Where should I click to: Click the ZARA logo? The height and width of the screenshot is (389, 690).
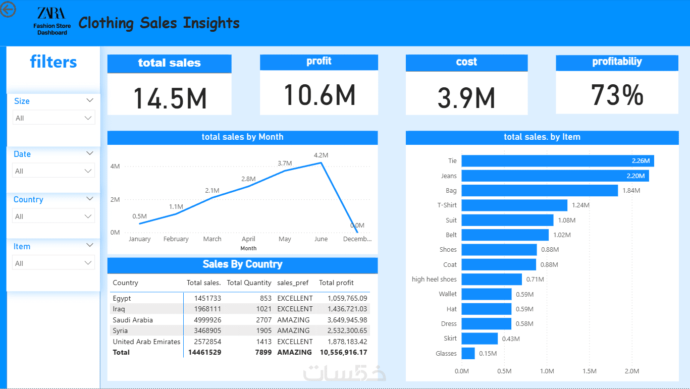coord(51,14)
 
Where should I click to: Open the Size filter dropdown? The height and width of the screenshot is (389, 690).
coord(54,118)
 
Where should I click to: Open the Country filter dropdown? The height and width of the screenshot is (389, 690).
coord(54,216)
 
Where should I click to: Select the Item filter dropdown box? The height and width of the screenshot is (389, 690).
coord(54,263)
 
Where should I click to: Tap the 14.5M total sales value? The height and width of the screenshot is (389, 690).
coord(170,98)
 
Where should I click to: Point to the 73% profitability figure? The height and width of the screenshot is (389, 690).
coord(617,94)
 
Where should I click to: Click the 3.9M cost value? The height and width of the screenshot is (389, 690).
coord(466,98)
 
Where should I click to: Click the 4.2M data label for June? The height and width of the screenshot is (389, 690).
coord(321,155)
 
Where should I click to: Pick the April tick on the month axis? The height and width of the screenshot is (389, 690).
coord(248,239)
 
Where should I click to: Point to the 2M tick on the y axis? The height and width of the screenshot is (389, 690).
coord(115,199)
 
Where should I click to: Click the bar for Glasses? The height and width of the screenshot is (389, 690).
coord(468,353)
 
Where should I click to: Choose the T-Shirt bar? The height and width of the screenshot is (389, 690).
coord(514,205)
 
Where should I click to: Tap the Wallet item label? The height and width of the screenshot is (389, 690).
coord(447,294)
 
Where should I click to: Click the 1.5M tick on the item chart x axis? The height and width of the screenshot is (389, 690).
coord(590,371)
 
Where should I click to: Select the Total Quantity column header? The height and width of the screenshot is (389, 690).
coord(249,283)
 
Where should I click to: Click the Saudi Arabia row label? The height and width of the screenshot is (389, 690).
coord(133,320)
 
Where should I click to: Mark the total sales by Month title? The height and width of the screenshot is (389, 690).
coord(242,137)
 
